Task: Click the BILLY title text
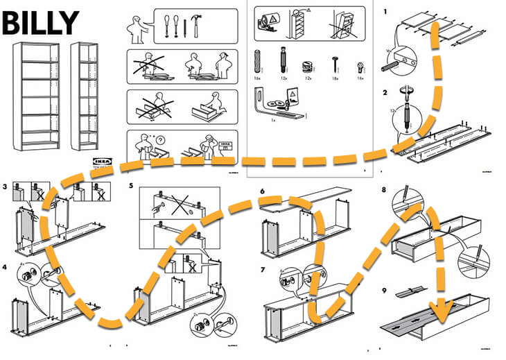(40, 22)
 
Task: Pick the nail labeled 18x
(335, 62)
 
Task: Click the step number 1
(385, 11)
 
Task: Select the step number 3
(5, 187)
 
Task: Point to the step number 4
(5, 266)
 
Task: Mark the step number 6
(262, 191)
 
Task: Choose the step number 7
(262, 268)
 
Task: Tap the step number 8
(384, 190)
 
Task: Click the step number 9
(384, 282)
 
